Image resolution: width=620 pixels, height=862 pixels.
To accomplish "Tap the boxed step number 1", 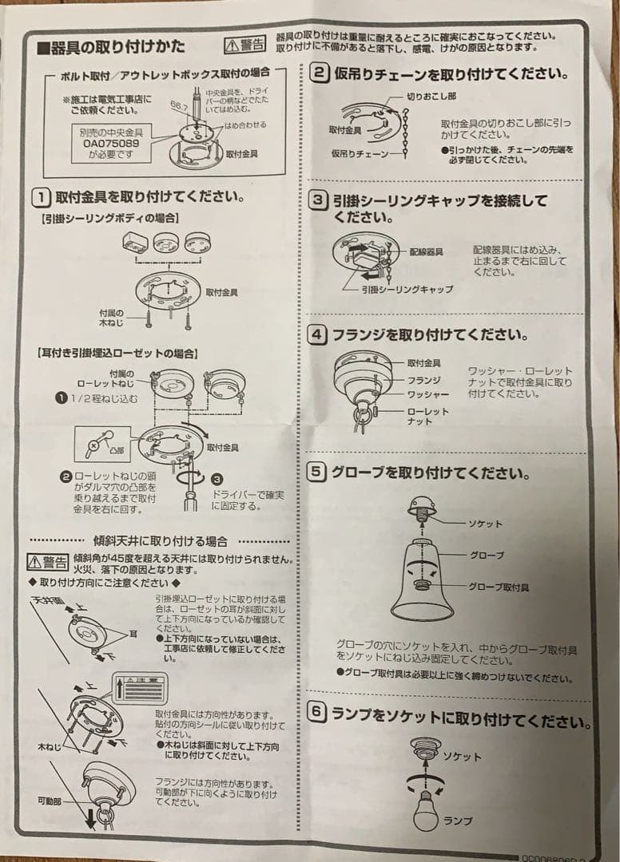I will coord(42,196).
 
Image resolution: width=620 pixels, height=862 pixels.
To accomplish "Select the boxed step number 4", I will coord(317,335).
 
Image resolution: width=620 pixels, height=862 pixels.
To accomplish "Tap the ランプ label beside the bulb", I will coord(458,820).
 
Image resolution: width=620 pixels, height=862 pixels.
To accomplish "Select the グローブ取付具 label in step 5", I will coord(498,587).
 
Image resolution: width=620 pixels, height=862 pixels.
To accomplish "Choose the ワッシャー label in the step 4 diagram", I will coord(428,394).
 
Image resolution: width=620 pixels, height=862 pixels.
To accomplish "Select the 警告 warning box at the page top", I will coord(244,44).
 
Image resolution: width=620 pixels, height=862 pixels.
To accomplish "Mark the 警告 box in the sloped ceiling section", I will coord(48,560).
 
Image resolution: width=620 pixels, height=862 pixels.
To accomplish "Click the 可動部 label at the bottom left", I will coord(50,799).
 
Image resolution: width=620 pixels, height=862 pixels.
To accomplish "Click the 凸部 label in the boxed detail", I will coord(117,450).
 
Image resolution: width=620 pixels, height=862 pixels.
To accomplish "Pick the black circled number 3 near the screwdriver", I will coord(217,479).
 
